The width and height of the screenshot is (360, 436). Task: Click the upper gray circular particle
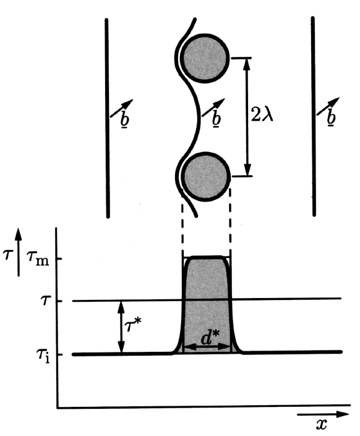[x=205, y=58]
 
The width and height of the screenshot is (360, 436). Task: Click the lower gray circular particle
[x=206, y=177]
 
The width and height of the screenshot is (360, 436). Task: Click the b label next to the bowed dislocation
[x=216, y=118]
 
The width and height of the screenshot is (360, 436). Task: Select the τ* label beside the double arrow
[x=133, y=325]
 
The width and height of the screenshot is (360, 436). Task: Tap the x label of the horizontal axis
[x=321, y=424]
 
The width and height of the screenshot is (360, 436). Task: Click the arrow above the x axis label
[x=323, y=414]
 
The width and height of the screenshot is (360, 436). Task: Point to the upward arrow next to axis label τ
[x=19, y=252]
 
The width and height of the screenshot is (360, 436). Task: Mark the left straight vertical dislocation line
[x=107, y=118]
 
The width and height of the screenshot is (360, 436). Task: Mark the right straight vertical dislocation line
[x=314, y=116]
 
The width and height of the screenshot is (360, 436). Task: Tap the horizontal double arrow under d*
[x=207, y=347]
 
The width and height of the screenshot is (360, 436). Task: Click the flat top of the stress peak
[x=207, y=257]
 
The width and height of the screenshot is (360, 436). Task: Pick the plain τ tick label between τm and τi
[x=45, y=301]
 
